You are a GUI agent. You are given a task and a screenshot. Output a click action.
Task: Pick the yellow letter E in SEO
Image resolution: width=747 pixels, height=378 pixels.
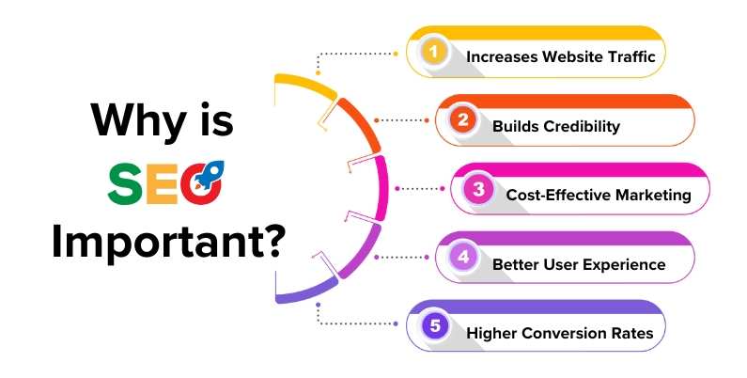[x=168, y=185]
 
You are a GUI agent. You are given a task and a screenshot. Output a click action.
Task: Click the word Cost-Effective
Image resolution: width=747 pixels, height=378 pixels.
[x=556, y=196]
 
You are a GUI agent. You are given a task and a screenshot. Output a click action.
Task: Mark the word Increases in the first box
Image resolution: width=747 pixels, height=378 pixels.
[x=503, y=55]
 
